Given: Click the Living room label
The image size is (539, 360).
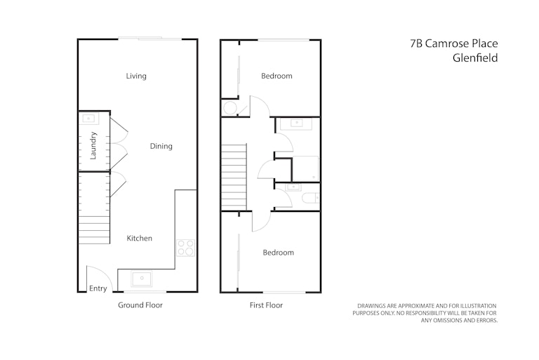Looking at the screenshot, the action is click(x=136, y=76).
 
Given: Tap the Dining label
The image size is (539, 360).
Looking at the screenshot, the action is click(x=161, y=146).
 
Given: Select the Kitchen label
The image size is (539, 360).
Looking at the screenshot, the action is click(x=139, y=238).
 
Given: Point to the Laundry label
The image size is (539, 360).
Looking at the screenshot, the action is click(x=93, y=145).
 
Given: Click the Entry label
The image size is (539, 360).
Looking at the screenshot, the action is click(x=98, y=288).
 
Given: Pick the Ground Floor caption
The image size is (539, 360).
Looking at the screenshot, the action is click(x=140, y=305).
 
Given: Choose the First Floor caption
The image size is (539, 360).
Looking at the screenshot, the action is click(x=266, y=305).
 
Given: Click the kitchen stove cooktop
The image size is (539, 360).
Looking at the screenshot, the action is click(x=185, y=248).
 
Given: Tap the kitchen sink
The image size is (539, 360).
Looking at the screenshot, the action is click(x=141, y=279).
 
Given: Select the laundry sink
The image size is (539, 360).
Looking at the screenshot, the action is click(x=88, y=119).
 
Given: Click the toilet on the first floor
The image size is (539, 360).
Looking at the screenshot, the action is click(x=310, y=199).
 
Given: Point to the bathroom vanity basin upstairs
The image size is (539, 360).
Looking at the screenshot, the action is click(x=296, y=123).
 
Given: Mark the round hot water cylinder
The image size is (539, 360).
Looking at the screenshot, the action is click(x=230, y=108).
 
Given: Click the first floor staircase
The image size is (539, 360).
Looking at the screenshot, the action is click(x=234, y=177).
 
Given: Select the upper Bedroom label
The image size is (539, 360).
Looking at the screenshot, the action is click(x=277, y=76).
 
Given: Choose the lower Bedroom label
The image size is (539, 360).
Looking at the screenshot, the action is click(x=279, y=253).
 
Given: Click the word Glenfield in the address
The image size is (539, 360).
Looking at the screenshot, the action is click(x=475, y=58).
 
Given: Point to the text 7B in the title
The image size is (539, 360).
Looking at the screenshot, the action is click(x=416, y=44).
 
